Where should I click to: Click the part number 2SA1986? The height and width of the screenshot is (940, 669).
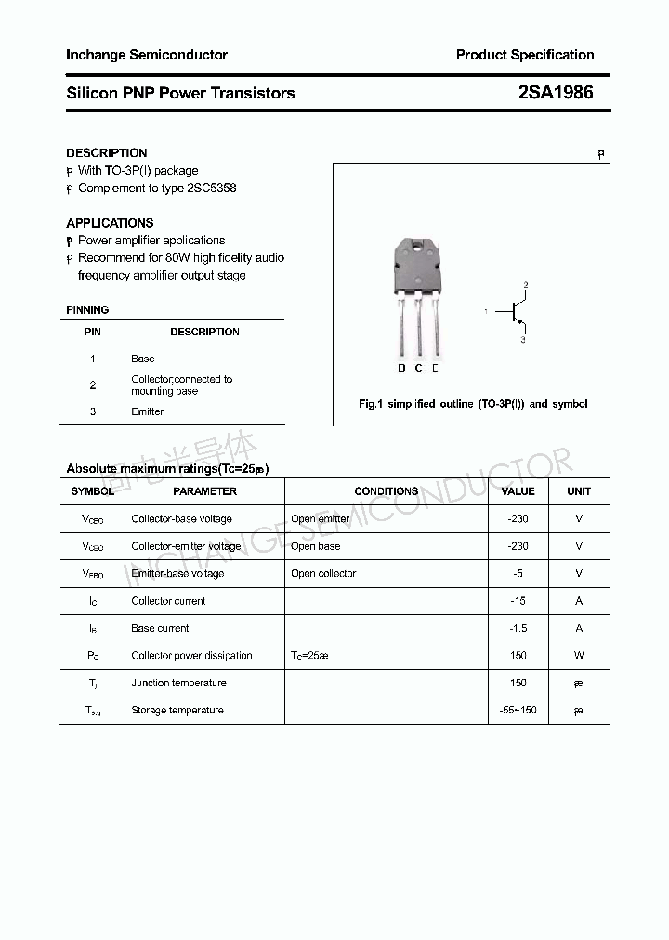click(x=556, y=93)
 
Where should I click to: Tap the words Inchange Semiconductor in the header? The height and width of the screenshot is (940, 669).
click(x=147, y=55)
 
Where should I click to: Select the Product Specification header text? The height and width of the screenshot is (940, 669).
click(x=525, y=55)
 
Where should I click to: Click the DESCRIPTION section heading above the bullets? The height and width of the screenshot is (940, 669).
click(x=107, y=152)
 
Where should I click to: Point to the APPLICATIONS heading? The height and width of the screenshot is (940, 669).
click(x=110, y=223)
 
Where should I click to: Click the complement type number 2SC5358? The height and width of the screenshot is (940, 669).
click(x=211, y=188)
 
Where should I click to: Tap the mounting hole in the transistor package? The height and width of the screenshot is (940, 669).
click(x=419, y=246)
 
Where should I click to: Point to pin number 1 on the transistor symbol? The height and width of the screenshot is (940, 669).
click(x=486, y=312)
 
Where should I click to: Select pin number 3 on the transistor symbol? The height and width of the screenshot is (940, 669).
click(x=523, y=340)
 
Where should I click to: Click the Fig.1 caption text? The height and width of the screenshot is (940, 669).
click(x=473, y=404)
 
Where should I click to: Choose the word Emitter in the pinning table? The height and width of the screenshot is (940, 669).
click(x=147, y=411)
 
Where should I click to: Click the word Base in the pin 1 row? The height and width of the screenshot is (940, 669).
click(x=143, y=359)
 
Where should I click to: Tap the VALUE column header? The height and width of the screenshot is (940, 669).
click(x=518, y=491)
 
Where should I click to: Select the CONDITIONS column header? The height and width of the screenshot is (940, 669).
click(x=387, y=491)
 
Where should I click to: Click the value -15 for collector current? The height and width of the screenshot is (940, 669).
click(x=518, y=601)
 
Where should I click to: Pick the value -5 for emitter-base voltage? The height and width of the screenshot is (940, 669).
click(x=518, y=573)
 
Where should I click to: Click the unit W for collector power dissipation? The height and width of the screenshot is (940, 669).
click(x=579, y=656)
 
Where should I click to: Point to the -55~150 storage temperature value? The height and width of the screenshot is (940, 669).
click(x=518, y=711)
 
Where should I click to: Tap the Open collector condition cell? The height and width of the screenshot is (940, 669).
click(x=323, y=573)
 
